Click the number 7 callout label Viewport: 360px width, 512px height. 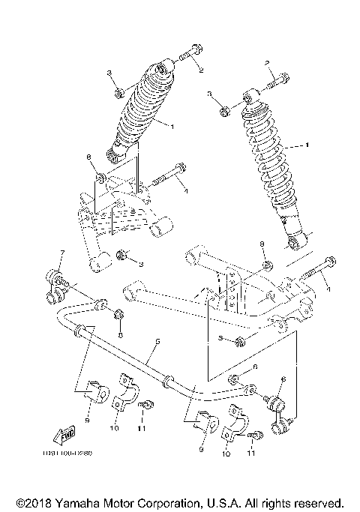[x=52, y=253]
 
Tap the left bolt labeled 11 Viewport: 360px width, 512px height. [x=147, y=406]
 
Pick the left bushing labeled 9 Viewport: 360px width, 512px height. [x=92, y=390]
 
